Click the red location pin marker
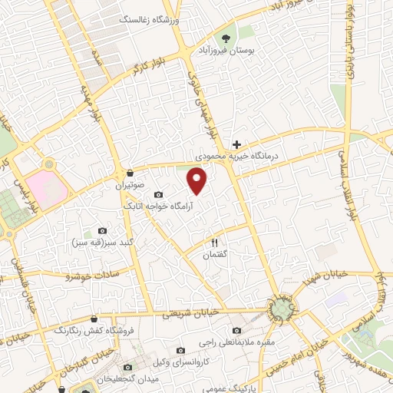[198, 180]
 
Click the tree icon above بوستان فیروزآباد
[226, 38]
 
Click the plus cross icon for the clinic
[236, 144]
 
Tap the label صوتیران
[130, 185]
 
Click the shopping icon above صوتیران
[130, 173]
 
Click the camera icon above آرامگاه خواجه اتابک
[158, 195]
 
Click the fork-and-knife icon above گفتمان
[215, 243]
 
